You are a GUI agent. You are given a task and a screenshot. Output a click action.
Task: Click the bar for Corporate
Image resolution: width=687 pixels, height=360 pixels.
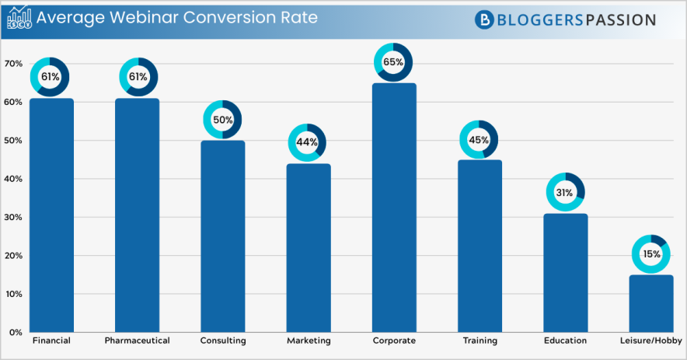click(394, 208)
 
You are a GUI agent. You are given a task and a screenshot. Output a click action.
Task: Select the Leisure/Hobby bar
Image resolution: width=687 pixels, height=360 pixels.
click(651, 304)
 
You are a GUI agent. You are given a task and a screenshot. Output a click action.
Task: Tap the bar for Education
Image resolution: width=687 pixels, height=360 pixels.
click(565, 273)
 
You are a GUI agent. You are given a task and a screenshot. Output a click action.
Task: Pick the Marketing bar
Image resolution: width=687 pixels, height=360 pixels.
click(309, 248)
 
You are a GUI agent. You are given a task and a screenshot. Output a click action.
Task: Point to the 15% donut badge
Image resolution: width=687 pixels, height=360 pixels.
click(650, 253)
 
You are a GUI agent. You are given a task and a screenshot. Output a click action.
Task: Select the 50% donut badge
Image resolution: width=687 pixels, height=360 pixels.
click(222, 120)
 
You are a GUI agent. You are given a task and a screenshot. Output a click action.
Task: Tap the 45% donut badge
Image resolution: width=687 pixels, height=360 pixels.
click(479, 140)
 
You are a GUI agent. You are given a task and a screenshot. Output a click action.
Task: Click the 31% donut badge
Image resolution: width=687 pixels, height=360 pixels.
click(565, 192)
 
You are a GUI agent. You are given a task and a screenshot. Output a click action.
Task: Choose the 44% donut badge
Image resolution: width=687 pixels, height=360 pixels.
click(307, 143)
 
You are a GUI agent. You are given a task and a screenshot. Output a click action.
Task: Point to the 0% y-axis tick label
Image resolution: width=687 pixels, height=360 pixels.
click(15, 333)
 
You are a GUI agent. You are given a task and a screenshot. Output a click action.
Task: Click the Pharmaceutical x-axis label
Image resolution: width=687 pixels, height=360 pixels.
click(137, 341)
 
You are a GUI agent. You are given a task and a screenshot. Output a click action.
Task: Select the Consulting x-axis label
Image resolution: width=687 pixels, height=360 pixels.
click(223, 341)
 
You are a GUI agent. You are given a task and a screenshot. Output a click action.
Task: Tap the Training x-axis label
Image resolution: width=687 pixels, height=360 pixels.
click(480, 341)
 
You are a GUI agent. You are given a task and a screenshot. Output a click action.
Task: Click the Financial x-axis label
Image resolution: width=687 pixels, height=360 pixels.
click(51, 341)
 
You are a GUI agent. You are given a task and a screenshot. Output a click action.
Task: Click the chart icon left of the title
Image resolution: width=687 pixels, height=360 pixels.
click(19, 18)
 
